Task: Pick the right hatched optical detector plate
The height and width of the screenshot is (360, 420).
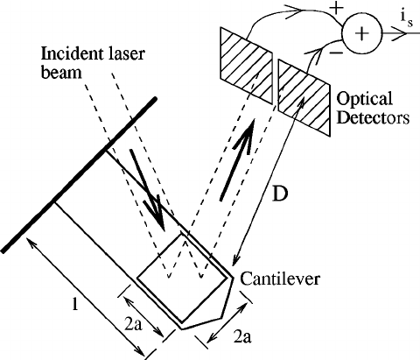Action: point(301,85)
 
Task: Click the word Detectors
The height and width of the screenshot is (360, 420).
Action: point(366,116)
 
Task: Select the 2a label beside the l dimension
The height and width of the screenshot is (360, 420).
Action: point(133,323)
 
